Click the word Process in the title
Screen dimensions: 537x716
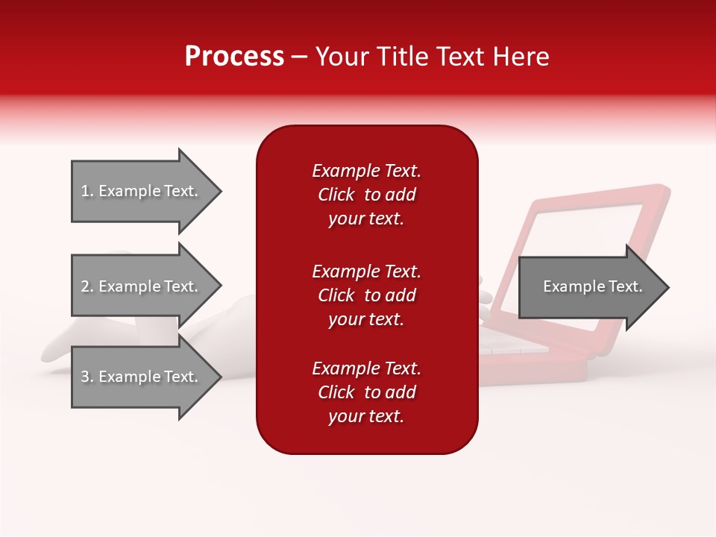(x=234, y=57)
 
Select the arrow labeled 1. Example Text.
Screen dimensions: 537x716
(x=142, y=191)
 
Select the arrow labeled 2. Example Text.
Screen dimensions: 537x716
(x=142, y=286)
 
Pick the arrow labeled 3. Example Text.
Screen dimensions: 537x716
(x=142, y=377)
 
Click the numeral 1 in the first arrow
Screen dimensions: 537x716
(x=84, y=191)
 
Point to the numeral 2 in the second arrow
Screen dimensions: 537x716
(x=85, y=286)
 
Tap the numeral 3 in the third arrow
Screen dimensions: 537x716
(x=85, y=377)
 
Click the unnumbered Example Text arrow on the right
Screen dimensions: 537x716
(x=589, y=287)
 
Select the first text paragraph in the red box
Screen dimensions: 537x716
(x=366, y=195)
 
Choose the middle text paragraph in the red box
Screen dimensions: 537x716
(x=366, y=295)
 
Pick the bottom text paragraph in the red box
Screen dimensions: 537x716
(x=366, y=392)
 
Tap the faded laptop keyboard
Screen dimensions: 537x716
(x=515, y=345)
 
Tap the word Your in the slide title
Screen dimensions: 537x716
(x=340, y=57)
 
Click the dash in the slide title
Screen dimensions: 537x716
(x=300, y=57)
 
